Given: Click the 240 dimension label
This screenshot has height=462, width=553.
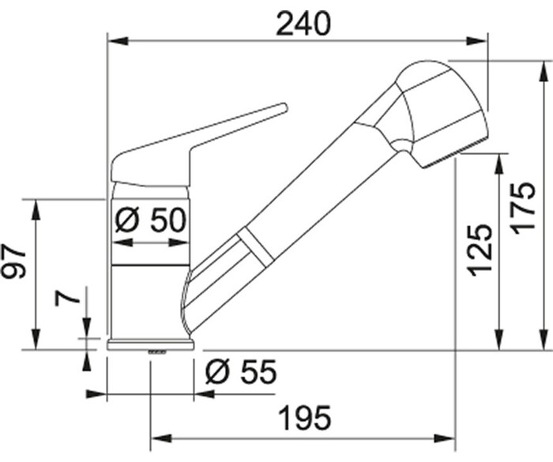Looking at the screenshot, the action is (303, 24).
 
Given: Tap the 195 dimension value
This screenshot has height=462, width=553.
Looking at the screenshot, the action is (305, 419).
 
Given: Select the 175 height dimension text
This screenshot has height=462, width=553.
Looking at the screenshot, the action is (523, 208).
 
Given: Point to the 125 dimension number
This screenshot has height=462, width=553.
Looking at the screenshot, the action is (480, 250).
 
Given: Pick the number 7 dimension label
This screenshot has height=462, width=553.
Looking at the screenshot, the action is (67, 299).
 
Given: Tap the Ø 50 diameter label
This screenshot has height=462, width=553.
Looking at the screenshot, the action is (150, 220).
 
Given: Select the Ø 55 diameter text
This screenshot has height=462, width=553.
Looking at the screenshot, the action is (241, 372).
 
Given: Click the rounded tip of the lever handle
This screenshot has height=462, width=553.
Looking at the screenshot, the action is (284, 107).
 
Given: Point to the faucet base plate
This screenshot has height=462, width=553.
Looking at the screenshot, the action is (151, 345).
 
